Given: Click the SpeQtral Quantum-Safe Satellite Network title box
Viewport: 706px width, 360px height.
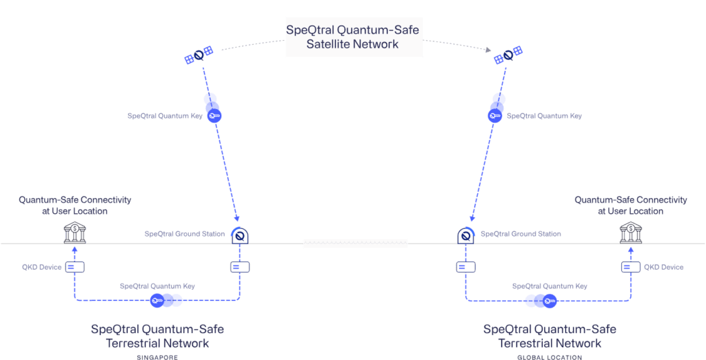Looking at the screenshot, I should click(x=352, y=37).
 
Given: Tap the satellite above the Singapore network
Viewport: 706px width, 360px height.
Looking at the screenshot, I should click(x=199, y=54).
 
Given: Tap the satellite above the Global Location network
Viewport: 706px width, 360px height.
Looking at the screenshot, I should click(x=509, y=54).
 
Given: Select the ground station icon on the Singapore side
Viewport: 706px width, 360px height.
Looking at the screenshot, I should click(x=239, y=235).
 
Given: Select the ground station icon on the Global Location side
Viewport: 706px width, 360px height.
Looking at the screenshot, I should click(x=466, y=235).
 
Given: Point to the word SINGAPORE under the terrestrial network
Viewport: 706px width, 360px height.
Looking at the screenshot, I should click(x=158, y=357).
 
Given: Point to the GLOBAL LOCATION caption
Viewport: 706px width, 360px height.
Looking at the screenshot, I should click(x=549, y=357).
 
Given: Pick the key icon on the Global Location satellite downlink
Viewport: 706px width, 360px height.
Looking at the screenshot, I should click(x=494, y=116).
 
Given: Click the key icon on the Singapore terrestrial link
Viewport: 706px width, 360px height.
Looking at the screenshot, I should click(x=158, y=300).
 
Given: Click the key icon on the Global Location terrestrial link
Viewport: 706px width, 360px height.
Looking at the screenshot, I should click(x=549, y=300).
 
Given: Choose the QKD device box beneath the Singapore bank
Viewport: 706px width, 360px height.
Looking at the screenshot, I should click(x=74, y=267).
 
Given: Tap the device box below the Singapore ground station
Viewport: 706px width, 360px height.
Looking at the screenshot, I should click(x=239, y=267).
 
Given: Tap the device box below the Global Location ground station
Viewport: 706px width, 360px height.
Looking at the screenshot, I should click(x=466, y=267).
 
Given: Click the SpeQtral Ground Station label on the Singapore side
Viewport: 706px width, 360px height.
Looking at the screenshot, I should click(x=185, y=234).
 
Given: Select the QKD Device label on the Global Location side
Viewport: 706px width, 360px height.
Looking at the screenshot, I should click(x=663, y=267).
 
